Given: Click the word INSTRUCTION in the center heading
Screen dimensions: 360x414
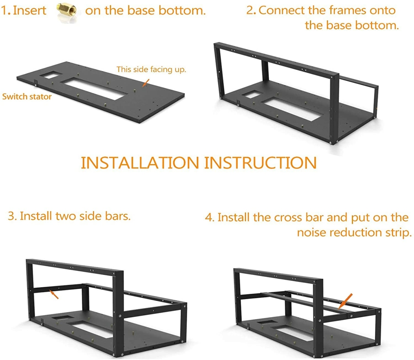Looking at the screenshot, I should [x=260, y=162].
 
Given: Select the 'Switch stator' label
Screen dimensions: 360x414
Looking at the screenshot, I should [x=27, y=97].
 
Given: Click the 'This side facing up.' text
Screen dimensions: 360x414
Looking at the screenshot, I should [x=152, y=69].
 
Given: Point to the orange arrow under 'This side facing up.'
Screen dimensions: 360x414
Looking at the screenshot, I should [x=146, y=82].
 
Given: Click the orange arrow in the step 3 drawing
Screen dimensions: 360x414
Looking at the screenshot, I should [x=53, y=294].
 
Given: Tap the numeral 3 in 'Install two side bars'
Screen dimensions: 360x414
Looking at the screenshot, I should [x=11, y=216].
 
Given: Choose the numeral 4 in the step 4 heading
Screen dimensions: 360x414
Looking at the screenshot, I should [x=209, y=218].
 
